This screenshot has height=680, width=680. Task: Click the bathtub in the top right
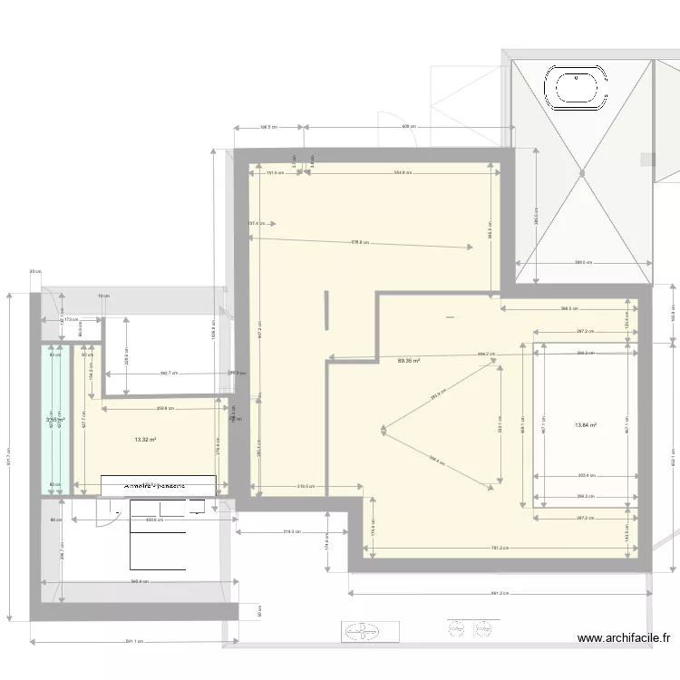point(576,89)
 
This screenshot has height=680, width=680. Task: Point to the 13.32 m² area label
point(144,440)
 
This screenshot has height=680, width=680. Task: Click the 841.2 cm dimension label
point(499,595)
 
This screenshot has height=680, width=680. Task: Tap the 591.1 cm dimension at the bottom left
point(133,642)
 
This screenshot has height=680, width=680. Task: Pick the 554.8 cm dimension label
point(403,172)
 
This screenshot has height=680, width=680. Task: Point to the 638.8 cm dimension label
point(361,242)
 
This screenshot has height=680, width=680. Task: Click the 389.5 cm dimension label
point(582,263)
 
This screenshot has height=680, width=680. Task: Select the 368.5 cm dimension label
point(569,308)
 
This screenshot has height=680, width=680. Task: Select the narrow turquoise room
point(54,417)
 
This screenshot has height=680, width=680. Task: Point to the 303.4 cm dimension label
point(585,475)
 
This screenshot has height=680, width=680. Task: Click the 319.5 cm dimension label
point(306,487)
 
